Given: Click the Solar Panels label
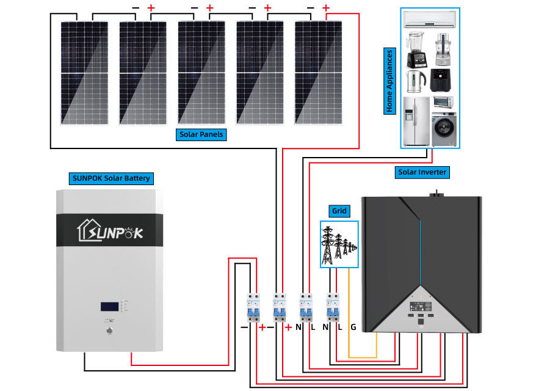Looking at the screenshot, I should (201, 134).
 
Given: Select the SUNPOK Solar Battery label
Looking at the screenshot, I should (110, 178).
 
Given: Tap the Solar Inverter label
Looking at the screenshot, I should (422, 172).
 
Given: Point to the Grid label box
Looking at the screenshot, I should (339, 211).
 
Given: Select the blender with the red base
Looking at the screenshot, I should (415, 49).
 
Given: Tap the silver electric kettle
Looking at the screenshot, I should (415, 81).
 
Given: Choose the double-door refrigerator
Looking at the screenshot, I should (415, 120).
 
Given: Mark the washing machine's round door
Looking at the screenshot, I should (444, 130).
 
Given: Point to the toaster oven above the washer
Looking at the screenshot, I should (443, 102).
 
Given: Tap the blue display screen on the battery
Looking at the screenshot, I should (110, 305).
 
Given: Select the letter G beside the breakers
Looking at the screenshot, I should (353, 327).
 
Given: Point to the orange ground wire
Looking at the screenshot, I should (349, 305).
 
